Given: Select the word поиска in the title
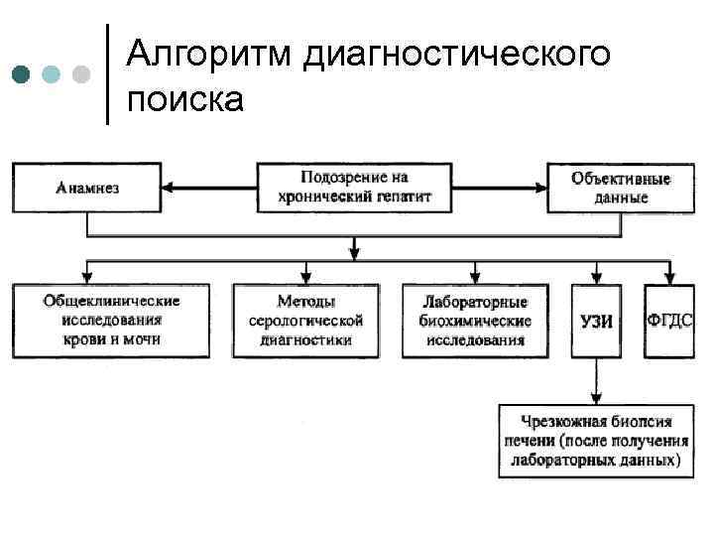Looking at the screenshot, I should (x=184, y=99).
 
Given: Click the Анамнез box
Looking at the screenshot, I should (x=87, y=188).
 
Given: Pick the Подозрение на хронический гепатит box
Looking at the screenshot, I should (x=354, y=188).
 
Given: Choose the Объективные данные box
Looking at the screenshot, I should (x=621, y=188).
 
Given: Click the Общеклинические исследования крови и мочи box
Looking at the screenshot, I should (x=110, y=321).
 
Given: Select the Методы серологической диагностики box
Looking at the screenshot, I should (x=305, y=321).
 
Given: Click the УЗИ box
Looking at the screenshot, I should (x=596, y=321).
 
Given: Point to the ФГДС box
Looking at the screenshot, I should (x=669, y=320).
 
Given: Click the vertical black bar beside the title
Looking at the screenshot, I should (x=107, y=72).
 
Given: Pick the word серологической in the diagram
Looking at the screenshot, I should (x=305, y=321).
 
